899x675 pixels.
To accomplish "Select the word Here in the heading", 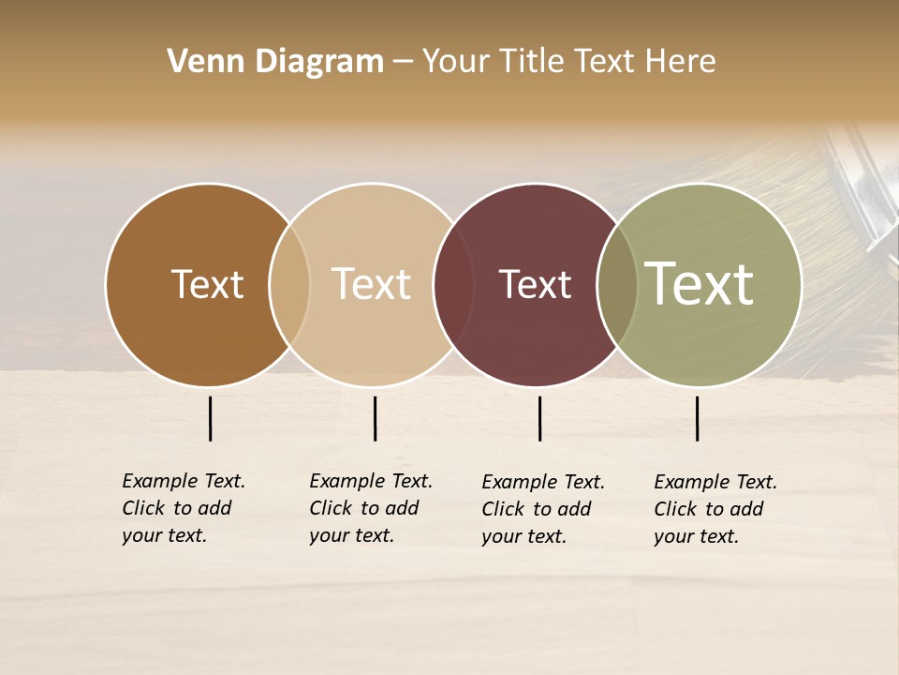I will pyautogui.click(x=684, y=62).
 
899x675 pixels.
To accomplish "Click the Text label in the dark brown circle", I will pyautogui.click(x=207, y=284).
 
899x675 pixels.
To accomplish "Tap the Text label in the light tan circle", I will pyautogui.click(x=372, y=284).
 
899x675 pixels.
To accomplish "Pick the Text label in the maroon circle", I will pyautogui.click(x=536, y=284).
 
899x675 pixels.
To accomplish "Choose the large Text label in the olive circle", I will pyautogui.click(x=700, y=284).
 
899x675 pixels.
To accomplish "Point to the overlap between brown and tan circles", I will pyautogui.click(x=289, y=284).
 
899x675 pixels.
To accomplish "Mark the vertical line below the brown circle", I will pyautogui.click(x=210, y=418).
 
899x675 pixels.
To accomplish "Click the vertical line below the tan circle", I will pyautogui.click(x=375, y=418).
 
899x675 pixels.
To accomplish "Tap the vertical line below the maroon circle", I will pyautogui.click(x=539, y=418).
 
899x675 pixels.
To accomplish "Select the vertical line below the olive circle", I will pyautogui.click(x=697, y=418).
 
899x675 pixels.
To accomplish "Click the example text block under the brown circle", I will pyautogui.click(x=183, y=508).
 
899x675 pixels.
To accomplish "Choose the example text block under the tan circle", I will pyautogui.click(x=370, y=508).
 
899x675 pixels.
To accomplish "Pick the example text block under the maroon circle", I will pyautogui.click(x=542, y=509).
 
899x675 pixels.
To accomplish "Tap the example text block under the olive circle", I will pyautogui.click(x=715, y=509).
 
